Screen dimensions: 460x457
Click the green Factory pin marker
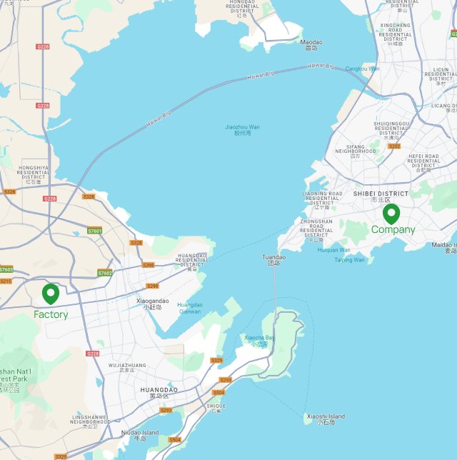(x=51, y=294)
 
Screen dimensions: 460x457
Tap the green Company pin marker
(x=391, y=214)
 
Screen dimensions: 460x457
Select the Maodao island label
(x=311, y=44)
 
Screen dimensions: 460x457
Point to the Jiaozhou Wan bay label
(x=243, y=129)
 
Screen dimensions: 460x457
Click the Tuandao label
(x=273, y=259)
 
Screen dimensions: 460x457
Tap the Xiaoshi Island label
(x=326, y=419)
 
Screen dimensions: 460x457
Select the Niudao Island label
(x=140, y=434)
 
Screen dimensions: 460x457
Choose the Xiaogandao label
(x=153, y=303)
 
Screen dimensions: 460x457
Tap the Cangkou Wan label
(x=363, y=69)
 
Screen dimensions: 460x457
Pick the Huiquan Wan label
(x=333, y=250)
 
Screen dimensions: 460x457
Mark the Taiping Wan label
(x=349, y=260)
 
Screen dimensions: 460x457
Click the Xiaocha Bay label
(x=259, y=339)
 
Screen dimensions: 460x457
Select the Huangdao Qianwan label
(x=190, y=308)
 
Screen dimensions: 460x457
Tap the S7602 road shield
(x=105, y=273)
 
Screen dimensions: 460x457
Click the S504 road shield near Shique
(x=219, y=392)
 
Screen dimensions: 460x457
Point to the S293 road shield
(x=166, y=410)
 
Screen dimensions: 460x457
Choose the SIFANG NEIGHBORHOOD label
(x=356, y=149)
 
